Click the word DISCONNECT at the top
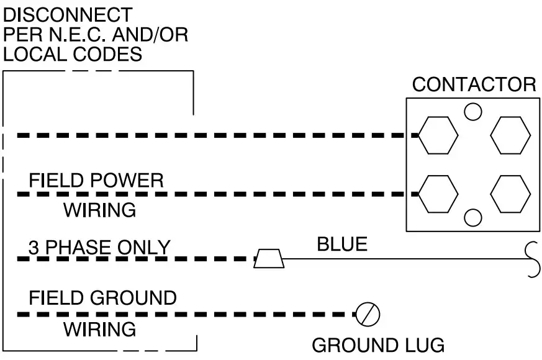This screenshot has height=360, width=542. click(68, 14)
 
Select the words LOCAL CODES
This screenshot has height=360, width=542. click(73, 54)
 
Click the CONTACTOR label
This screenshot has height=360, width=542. click(474, 84)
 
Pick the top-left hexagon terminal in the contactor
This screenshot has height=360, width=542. click(438, 135)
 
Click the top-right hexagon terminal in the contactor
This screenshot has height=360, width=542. click(510, 135)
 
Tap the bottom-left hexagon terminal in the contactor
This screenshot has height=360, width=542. click(438, 194)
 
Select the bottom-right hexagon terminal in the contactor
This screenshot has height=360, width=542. click(510, 194)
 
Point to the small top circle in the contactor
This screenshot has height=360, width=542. click(474, 111)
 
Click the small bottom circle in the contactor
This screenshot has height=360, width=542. click(474, 218)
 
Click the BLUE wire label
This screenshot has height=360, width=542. click(342, 244)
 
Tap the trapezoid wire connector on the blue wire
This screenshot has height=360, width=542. click(269, 259)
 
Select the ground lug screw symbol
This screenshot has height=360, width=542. click(368, 315)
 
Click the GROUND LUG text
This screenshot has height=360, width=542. click(377, 345)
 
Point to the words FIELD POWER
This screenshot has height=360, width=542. click(96, 181)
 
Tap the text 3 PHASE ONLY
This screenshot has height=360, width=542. click(99, 248)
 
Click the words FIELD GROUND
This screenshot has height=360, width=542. click(102, 298)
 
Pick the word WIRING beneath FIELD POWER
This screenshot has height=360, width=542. click(99, 210)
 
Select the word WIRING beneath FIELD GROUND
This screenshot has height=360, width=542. click(99, 329)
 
